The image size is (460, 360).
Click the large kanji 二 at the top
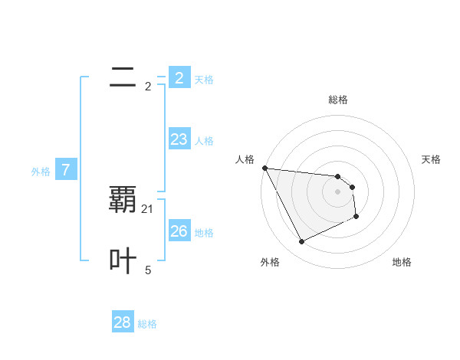coord(123,77)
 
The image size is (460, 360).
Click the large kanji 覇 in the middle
coord(123,199)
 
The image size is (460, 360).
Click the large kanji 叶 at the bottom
coord(123,261)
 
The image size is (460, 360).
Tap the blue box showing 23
coord(179,139)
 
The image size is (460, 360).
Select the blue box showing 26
coord(179,231)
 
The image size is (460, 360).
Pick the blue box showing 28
coord(122,322)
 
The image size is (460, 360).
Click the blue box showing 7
coord(66,170)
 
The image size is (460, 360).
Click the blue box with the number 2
coord(179,78)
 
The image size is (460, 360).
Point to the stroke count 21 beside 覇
coord(148,209)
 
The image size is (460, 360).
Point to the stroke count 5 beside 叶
coord(148,270)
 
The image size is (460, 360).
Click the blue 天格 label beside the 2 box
coord(204,80)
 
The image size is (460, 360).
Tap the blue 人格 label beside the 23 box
coord(204,141)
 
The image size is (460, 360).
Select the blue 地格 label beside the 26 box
coord(204,233)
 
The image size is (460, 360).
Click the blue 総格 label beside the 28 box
coord(147,324)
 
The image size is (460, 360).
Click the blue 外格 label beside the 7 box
coord(41,172)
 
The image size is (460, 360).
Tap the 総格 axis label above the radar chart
coord(338,100)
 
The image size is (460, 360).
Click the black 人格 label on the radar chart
coord(245,159)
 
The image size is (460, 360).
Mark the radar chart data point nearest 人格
coord(264,168)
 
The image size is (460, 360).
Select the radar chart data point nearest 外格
coord(301,242)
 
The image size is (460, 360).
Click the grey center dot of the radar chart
coord(338,191)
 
